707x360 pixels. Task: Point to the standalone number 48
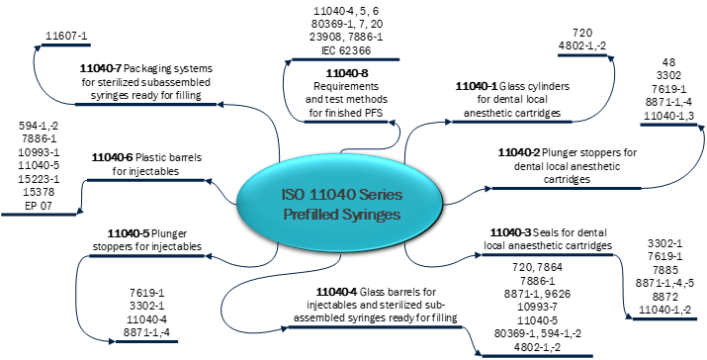click(x=668, y=63)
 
